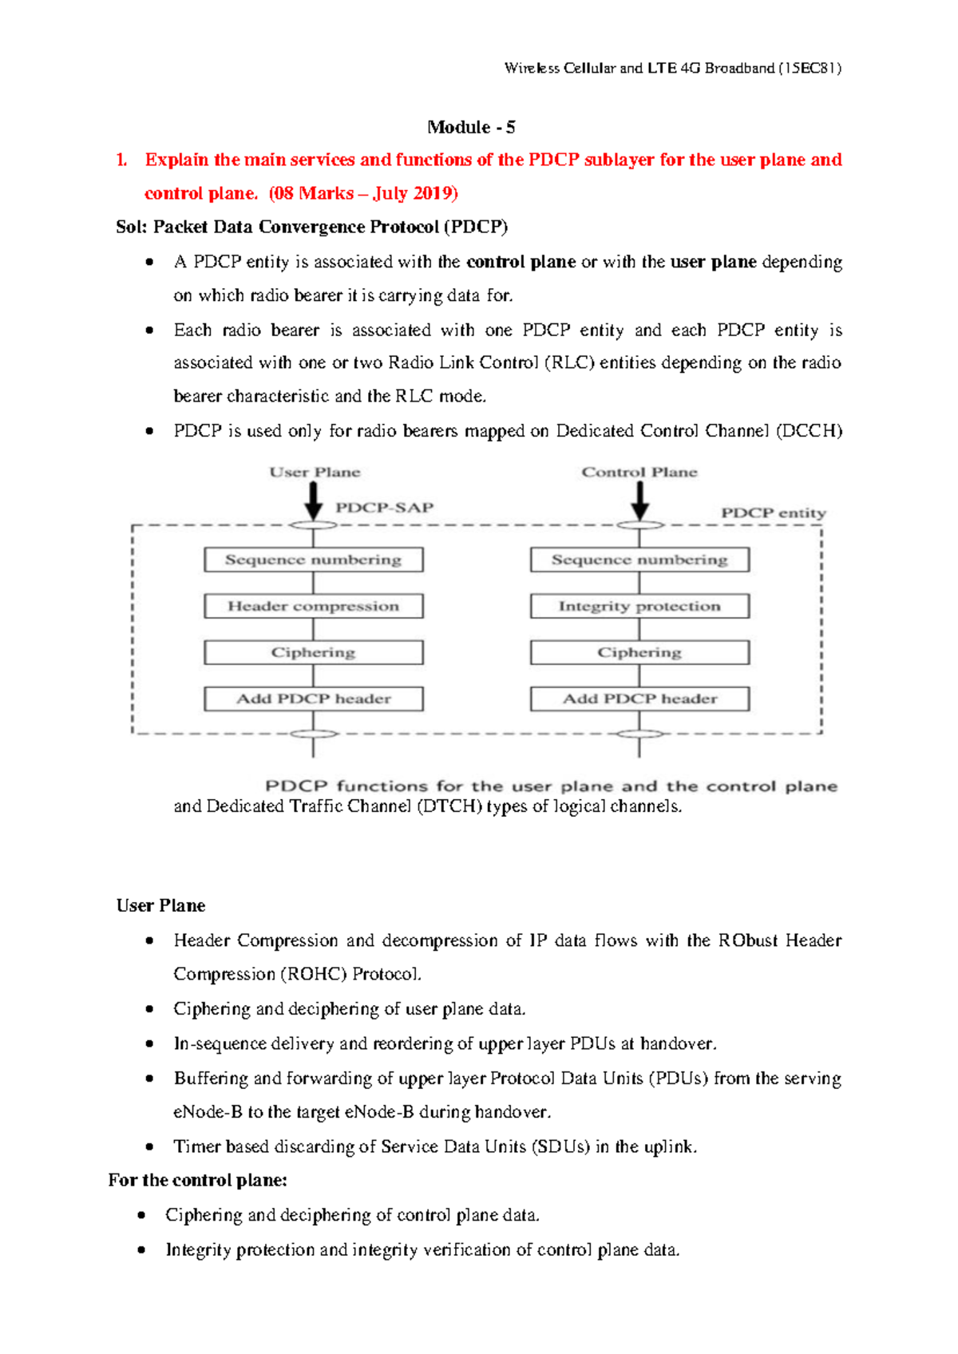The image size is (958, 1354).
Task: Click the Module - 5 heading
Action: click(471, 127)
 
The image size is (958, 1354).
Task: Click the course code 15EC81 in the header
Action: click(810, 68)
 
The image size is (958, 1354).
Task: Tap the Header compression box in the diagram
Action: click(313, 606)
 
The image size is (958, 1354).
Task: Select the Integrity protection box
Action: click(639, 606)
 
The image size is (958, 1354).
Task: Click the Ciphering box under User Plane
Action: click(313, 652)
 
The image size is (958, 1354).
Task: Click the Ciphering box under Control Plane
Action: click(639, 652)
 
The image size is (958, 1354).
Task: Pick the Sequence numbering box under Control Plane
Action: click(639, 560)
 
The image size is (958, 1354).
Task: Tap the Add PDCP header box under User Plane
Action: click(313, 699)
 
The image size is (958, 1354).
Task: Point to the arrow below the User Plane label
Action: click(314, 501)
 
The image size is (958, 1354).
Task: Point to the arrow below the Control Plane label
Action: click(639, 501)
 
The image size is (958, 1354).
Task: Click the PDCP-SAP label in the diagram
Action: click(384, 508)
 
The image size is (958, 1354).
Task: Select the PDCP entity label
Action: click(773, 513)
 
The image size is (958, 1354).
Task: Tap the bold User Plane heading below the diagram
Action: click(160, 905)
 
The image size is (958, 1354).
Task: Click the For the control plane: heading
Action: click(197, 1180)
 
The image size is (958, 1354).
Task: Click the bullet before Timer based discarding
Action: click(149, 1146)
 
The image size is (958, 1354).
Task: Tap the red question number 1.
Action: click(121, 160)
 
